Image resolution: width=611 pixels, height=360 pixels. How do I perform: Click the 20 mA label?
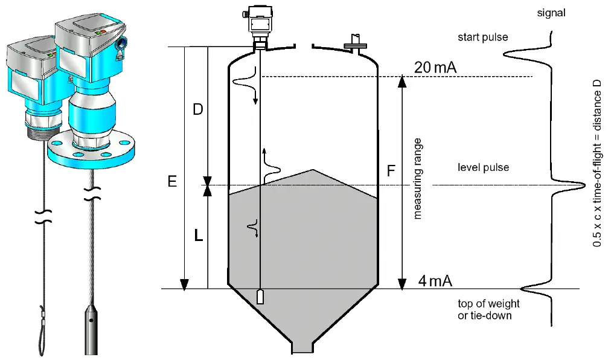435,68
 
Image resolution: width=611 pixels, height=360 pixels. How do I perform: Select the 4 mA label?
435,281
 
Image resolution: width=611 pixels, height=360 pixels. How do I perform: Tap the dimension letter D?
198,109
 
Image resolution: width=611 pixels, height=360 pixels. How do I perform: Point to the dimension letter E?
172,181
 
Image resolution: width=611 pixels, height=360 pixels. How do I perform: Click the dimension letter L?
199,235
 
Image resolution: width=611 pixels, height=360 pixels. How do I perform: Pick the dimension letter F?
391,171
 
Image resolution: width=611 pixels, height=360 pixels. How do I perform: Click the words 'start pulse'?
483,37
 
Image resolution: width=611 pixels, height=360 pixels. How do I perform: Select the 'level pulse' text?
483,167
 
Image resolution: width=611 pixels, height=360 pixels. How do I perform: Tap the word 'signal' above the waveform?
551,13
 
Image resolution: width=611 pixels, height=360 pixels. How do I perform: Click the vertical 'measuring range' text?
417,179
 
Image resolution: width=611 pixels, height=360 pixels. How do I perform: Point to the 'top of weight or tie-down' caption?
488,309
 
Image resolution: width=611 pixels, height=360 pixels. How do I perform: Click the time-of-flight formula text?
597,163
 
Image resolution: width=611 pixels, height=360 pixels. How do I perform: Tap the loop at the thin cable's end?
41,335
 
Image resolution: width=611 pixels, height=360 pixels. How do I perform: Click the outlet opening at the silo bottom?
302,347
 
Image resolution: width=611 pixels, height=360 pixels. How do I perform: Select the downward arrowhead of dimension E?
184,284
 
